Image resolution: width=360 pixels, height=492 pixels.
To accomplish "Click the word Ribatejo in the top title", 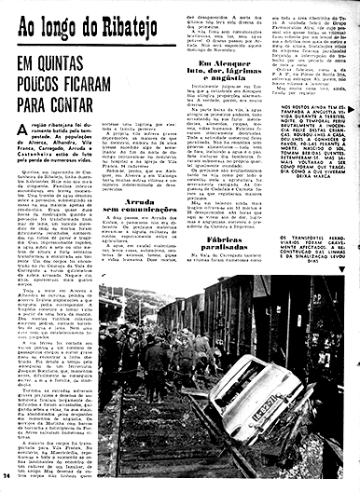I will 99,22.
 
